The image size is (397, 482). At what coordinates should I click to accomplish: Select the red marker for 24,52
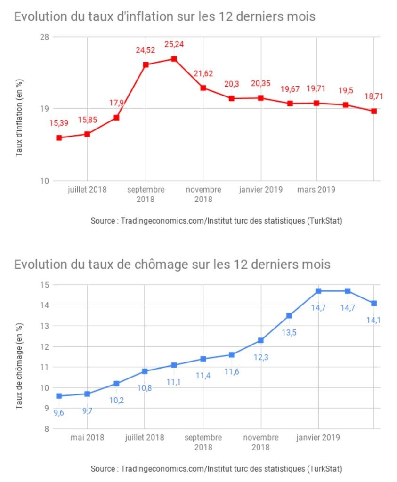pos(146,64)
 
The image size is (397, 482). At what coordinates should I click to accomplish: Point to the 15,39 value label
pos(59,123)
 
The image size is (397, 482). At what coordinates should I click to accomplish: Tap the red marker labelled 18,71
pos(374,111)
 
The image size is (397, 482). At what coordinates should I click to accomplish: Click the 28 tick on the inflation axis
pos(45,37)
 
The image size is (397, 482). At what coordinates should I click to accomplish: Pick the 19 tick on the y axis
pos(45,109)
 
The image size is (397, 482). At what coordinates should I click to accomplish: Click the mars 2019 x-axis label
pos(316,190)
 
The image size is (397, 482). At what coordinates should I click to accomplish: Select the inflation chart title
pos(164,17)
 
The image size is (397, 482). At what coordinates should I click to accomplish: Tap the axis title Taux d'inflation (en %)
pos(20,118)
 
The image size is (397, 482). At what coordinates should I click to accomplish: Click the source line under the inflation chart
pos(216,221)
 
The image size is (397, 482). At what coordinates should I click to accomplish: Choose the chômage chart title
pos(172,265)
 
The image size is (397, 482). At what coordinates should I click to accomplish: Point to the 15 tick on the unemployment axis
pos(45,285)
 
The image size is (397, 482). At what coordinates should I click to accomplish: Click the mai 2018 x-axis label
pos(88,437)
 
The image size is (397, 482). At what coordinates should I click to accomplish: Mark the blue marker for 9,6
pos(59,396)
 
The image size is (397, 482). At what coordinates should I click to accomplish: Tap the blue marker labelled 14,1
pos(374,304)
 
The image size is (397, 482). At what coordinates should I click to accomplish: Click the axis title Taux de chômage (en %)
pos(20,366)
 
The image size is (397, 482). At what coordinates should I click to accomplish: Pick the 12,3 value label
pos(260,357)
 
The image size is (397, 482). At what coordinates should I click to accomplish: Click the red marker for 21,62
pos(203,88)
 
